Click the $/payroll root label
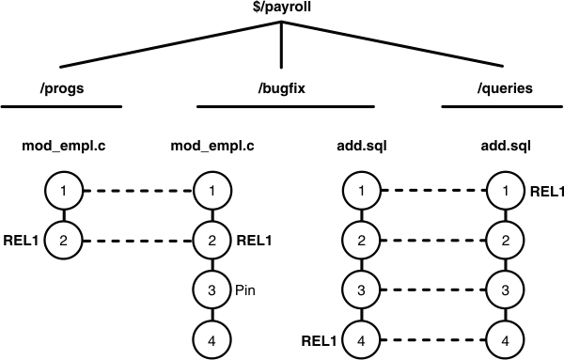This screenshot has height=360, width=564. tap(282, 8)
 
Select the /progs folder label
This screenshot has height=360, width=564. tap(62, 90)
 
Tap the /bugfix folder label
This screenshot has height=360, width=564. tap(282, 90)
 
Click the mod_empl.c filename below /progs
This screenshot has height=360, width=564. tap(62, 147)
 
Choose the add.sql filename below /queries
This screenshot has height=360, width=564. tap(504, 147)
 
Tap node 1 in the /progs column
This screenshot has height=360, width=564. tap(62, 192)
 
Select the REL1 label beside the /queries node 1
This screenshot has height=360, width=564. tap(547, 192)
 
